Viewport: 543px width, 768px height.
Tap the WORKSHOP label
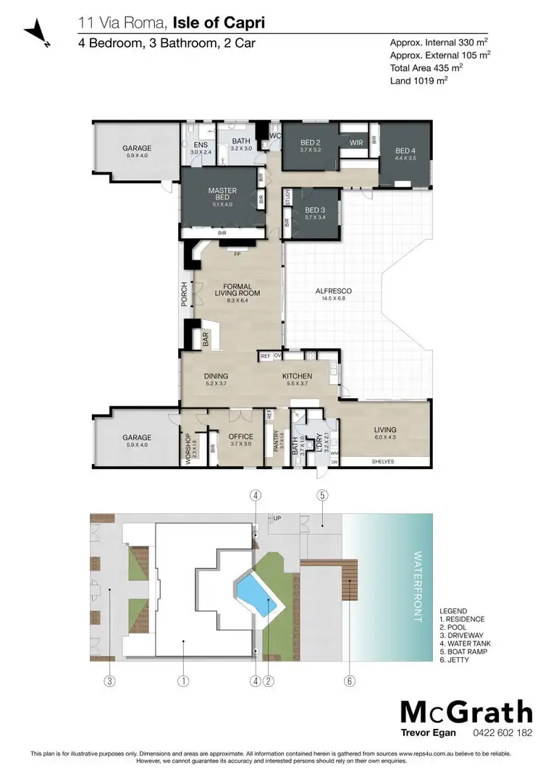click(188, 442)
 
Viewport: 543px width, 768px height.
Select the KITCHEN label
click(297, 376)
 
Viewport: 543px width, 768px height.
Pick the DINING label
click(216, 376)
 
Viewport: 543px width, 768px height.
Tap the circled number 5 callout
click(322, 496)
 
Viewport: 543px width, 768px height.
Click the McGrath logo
click(466, 713)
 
